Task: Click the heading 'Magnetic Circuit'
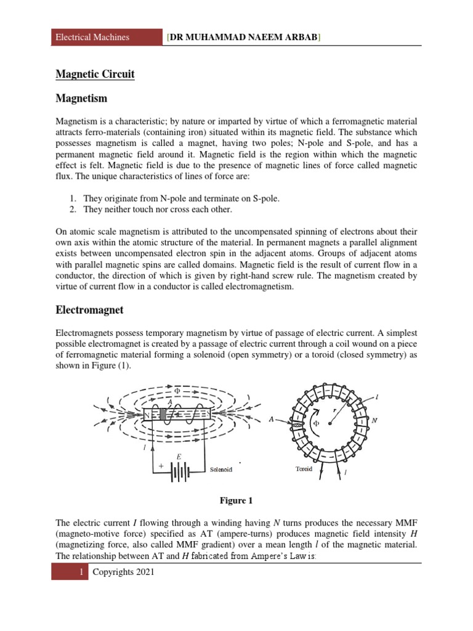(x=95, y=75)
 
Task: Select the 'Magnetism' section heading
(x=81, y=99)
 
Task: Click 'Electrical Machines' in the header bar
(x=92, y=37)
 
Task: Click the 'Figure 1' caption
(x=237, y=500)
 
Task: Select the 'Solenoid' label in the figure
(x=221, y=470)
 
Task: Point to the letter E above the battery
(x=179, y=456)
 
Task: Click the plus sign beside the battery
(x=161, y=466)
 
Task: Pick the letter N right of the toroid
(x=374, y=420)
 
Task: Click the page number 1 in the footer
(x=81, y=572)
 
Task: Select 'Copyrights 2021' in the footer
(x=123, y=572)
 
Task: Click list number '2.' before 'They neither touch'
(x=72, y=210)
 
